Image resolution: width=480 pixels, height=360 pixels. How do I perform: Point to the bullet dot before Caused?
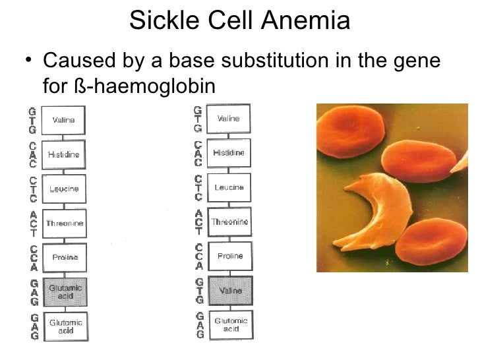point(26,63)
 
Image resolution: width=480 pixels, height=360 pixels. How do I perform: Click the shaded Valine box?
point(229,291)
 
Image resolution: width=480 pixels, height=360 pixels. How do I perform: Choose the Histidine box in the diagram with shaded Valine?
point(229,152)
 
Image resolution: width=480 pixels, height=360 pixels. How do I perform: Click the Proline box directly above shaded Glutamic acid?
point(65,257)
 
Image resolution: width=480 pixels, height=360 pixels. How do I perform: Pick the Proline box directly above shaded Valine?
point(229,256)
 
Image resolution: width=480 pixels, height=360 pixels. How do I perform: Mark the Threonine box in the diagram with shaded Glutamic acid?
point(65,223)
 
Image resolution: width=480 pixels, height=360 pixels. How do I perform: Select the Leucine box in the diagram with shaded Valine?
point(229,187)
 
